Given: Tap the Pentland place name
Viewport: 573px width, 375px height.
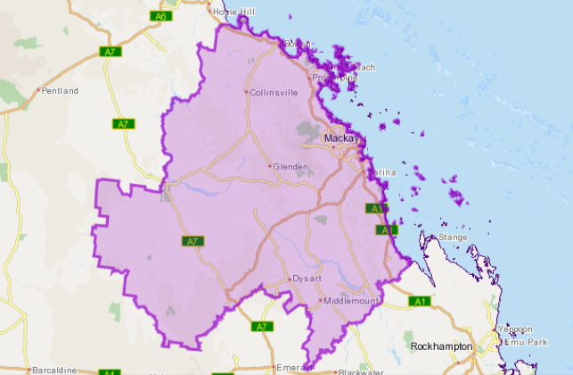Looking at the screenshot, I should pos(61,91).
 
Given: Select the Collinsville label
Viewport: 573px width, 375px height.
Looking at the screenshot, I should pos(273,92).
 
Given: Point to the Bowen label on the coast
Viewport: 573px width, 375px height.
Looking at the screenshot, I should pos(297,44).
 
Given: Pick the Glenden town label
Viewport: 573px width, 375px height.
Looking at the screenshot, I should pos(291,166).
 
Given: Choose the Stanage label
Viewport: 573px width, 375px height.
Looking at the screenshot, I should pos(453,237).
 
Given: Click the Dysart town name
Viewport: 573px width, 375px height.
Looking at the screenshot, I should pos(305,279).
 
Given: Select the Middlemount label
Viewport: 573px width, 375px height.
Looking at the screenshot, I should pos(351,301).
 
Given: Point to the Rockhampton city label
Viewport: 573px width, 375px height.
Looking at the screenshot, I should pos(441,346).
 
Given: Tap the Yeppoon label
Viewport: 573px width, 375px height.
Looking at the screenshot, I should pos(515,329).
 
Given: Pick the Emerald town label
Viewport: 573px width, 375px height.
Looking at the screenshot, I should pos(291,367).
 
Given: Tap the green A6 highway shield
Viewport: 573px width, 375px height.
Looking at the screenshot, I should pos(161,16).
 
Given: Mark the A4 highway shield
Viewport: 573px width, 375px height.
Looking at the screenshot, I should pos(108,371).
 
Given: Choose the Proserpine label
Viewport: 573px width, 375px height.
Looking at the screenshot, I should pos(335,79).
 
